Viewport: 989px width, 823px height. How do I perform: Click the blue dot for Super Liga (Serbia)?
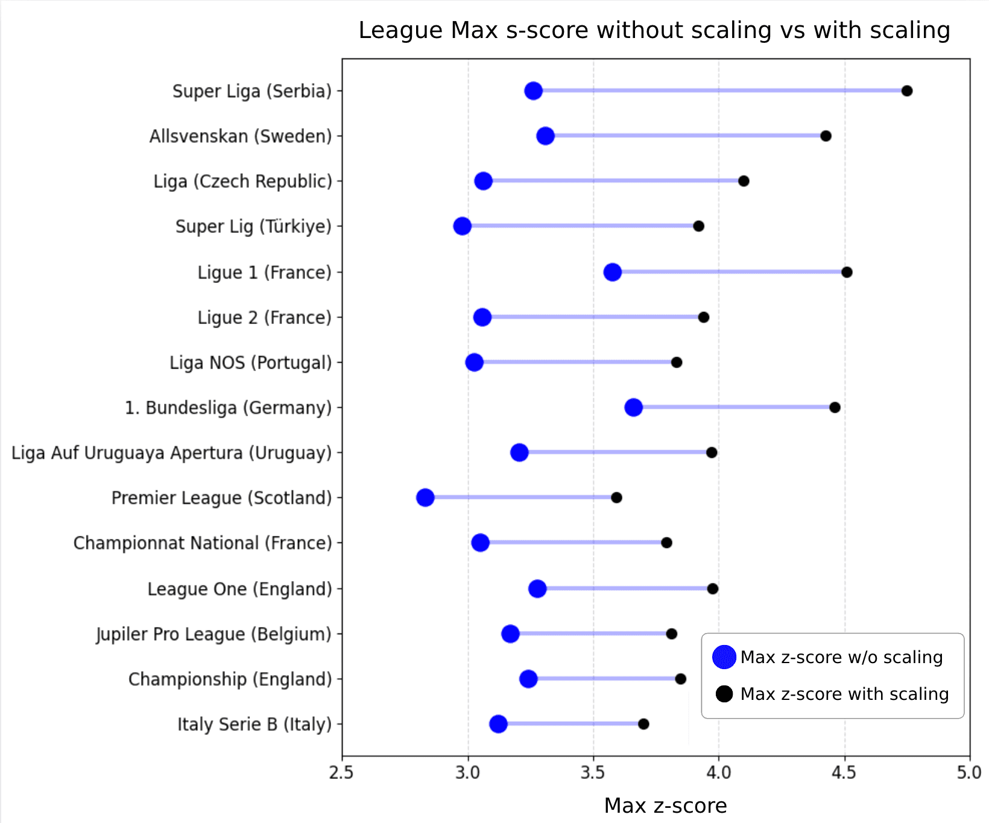coord(533,91)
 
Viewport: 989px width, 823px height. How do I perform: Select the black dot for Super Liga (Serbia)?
coord(907,91)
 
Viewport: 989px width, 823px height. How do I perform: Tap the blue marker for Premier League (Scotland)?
coord(425,498)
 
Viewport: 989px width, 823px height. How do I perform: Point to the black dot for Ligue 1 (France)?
coord(847,272)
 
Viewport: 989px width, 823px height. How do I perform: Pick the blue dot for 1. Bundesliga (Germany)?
coord(633,407)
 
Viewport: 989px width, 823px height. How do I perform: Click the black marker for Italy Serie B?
coord(643,724)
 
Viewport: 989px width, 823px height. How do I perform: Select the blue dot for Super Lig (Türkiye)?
coord(462,226)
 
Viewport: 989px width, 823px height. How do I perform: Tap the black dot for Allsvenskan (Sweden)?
coord(826,136)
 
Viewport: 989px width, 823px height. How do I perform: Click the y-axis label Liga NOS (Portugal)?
coord(250,363)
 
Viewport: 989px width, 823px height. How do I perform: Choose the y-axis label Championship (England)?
coord(230,679)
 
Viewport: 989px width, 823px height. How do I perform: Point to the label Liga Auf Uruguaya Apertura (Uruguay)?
coord(171,453)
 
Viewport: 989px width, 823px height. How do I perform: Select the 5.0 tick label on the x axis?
coord(969,773)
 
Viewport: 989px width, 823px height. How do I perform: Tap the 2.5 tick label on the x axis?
coord(342,773)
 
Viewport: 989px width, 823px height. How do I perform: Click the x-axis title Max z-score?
coord(665,806)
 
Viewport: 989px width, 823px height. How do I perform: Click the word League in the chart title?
coord(400,30)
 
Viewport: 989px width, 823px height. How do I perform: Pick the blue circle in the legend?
coord(724,657)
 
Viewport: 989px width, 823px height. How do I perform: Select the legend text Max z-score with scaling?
coord(844,694)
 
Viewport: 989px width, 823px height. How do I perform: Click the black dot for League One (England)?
coord(713,589)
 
